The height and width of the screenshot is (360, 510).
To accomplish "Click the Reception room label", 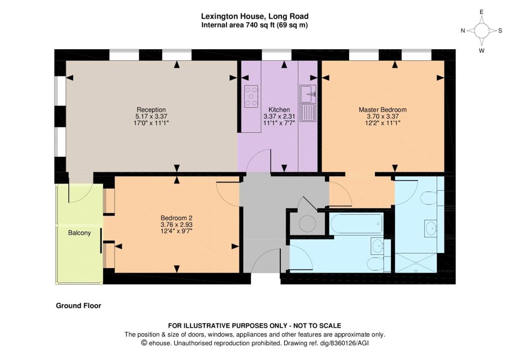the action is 151,110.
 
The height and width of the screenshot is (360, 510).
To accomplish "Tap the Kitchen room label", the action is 279,110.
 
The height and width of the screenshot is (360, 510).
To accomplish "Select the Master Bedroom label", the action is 382,110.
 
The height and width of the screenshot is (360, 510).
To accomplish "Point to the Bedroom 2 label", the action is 177,218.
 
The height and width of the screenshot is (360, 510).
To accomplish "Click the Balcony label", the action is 79,233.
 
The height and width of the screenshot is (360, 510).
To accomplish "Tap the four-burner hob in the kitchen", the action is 251,96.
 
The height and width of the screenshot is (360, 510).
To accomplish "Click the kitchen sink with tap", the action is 308,94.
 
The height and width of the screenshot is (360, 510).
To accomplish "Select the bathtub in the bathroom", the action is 356,224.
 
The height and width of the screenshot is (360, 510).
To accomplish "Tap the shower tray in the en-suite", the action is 416,263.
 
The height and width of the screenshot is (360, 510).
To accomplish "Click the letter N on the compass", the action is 463,30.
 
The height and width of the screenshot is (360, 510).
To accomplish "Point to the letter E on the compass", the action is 482,12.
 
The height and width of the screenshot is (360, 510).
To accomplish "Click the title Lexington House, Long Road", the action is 255,16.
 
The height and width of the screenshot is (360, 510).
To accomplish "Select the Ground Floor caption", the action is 78,306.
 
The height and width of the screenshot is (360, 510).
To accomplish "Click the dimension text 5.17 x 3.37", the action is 151,116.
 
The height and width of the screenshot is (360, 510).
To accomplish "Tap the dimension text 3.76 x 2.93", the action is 177,225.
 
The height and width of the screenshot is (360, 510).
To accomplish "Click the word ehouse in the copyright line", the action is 158,343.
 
